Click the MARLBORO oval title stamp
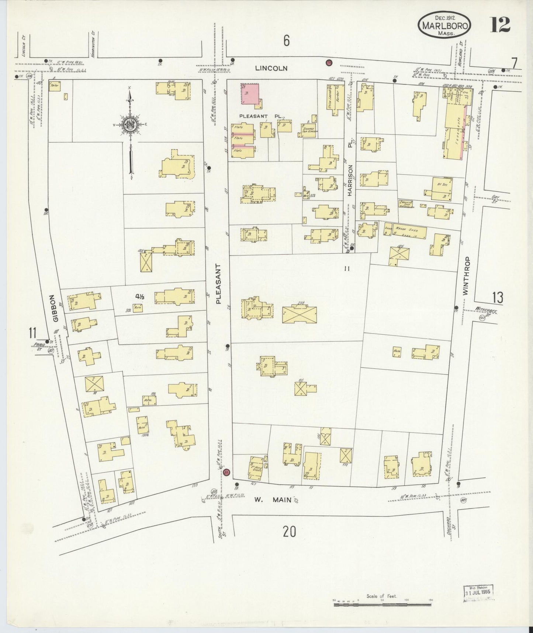pos(444,25)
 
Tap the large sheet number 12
pos(500,25)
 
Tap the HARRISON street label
pos(350,180)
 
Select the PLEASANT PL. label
pos(261,116)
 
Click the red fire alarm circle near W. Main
pos(227,472)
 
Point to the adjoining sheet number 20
pos(290,532)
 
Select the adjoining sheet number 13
pos(497,297)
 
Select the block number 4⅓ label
pos(139,296)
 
